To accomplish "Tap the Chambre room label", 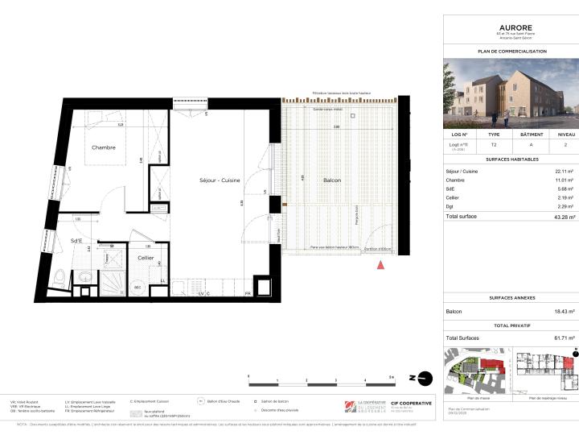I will pos(103,147).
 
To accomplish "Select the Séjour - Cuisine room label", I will pos(219,180).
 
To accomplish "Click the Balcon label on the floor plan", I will pos(331,180).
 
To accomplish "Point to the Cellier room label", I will pos(146,258).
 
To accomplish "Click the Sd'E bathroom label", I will pos(78,241).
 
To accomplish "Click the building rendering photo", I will pos(511,94).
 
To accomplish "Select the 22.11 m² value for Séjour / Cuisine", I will pos(562,172).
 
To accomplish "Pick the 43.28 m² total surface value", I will pos(561,217).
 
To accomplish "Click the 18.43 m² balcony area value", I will pos(561,312).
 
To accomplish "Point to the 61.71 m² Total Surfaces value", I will pos(561,338).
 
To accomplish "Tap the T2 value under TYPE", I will pos(494,145).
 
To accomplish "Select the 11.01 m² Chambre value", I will pos(562,180).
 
